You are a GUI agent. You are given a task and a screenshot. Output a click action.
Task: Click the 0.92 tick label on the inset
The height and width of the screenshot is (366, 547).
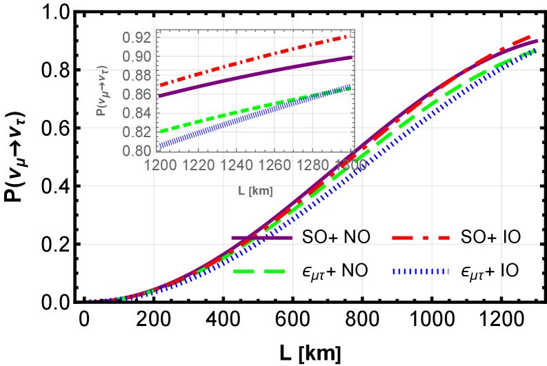coord(137,37)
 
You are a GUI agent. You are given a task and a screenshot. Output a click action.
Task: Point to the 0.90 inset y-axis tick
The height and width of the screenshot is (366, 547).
coord(137,56)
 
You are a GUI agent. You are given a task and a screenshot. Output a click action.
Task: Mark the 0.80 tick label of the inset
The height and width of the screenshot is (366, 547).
coord(137,150)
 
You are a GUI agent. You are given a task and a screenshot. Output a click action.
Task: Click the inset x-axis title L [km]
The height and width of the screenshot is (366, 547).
coord(255,191)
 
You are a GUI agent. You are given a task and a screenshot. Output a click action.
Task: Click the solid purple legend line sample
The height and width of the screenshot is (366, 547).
coord(261,238)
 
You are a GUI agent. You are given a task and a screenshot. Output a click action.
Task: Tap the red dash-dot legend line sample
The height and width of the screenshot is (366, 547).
coord(420,238)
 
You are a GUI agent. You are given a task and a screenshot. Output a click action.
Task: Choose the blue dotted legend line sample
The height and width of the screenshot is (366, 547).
coord(421,272)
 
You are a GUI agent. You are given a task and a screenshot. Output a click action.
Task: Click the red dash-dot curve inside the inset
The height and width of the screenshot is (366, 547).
coord(255,58)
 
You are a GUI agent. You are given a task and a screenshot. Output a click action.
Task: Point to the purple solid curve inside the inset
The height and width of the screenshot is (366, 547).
coord(255,74)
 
